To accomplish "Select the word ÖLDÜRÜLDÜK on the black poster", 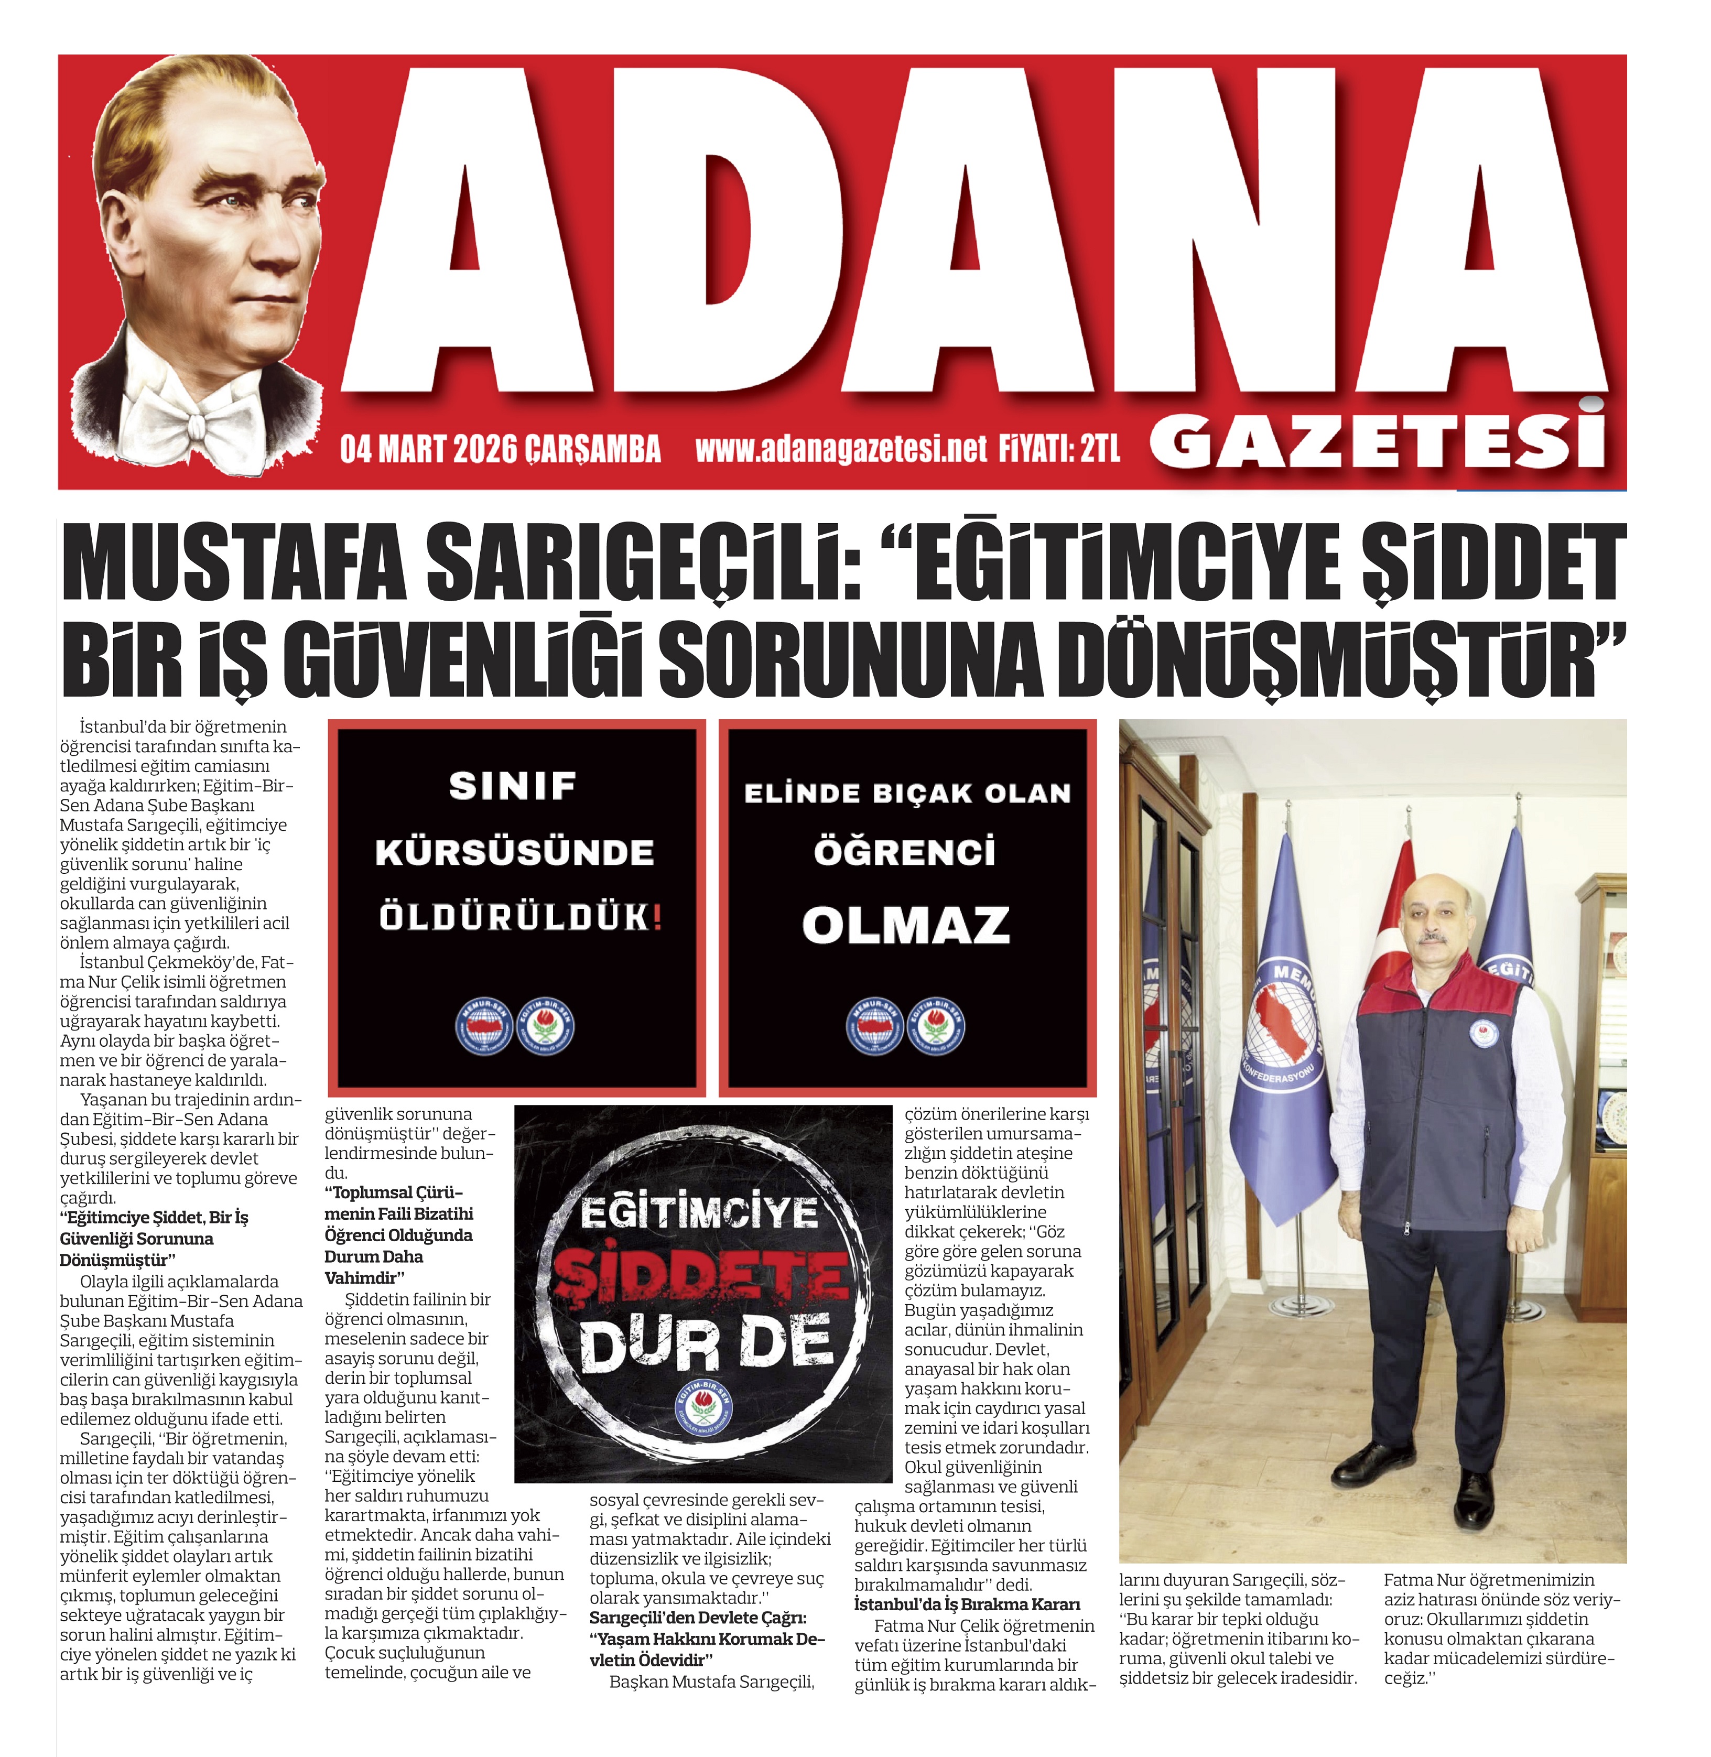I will [519, 918].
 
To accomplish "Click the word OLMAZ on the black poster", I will [906, 925].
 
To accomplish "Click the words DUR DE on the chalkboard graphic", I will [706, 1346].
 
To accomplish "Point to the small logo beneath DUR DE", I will [703, 1409].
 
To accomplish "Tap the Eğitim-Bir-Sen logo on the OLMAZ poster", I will [936, 1025].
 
